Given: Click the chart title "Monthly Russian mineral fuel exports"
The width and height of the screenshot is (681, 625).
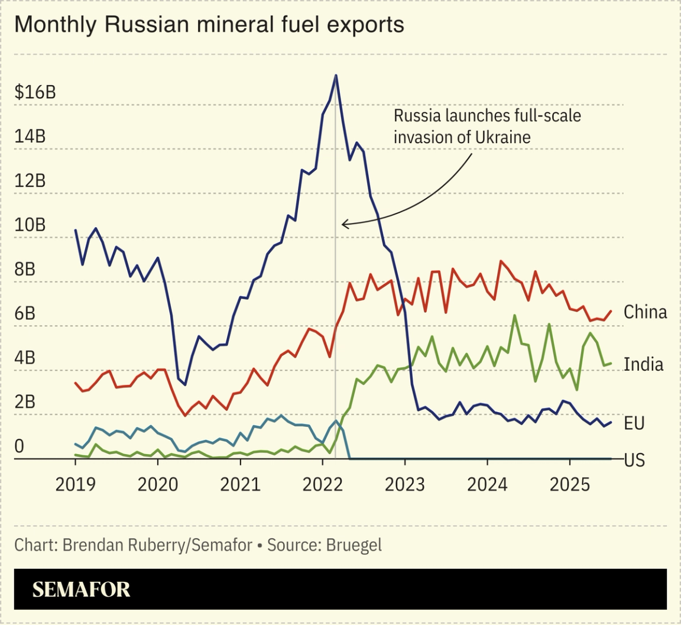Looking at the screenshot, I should (x=209, y=25).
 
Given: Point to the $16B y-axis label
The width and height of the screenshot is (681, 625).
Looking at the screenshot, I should (x=35, y=92).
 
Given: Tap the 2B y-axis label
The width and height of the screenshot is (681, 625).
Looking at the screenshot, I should (x=25, y=401).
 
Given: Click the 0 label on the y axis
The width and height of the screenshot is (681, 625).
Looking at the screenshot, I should (x=19, y=446).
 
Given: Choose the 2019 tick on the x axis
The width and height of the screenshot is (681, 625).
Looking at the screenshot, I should (x=75, y=485).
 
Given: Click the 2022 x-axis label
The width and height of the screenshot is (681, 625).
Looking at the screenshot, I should (x=322, y=485).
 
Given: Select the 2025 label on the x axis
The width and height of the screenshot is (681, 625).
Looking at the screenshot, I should (x=569, y=485).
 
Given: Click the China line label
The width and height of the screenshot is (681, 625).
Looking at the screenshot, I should (x=645, y=312).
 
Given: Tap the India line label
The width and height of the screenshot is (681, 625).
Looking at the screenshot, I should (x=643, y=364).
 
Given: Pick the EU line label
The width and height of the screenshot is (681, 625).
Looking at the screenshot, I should (x=634, y=423).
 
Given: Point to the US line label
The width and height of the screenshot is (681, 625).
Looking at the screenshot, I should (x=634, y=460).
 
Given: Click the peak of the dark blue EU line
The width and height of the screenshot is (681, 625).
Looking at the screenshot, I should (x=336, y=76).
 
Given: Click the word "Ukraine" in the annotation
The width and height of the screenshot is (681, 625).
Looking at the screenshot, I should (x=502, y=137).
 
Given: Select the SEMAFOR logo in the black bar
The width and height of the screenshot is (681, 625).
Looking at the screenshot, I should (x=81, y=589).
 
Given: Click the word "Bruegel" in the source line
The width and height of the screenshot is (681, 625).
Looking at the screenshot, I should (x=354, y=545).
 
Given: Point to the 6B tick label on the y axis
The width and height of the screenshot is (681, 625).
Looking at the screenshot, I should (x=25, y=313).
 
